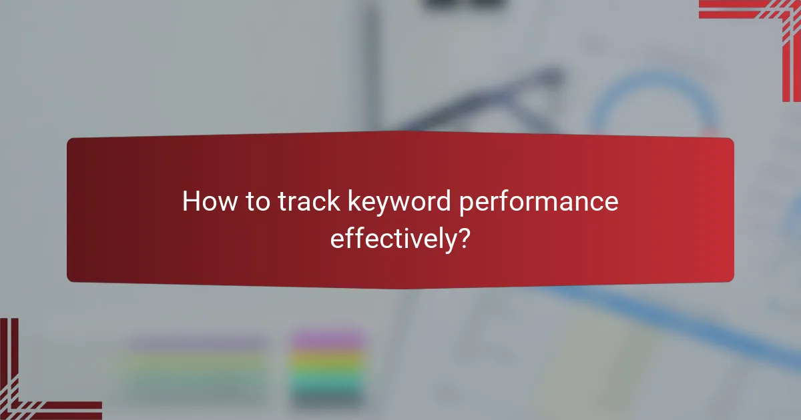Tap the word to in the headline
click(262, 202)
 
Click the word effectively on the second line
click(390, 238)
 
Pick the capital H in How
click(191, 202)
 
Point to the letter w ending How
click(230, 203)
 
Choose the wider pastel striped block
click(197, 367)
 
